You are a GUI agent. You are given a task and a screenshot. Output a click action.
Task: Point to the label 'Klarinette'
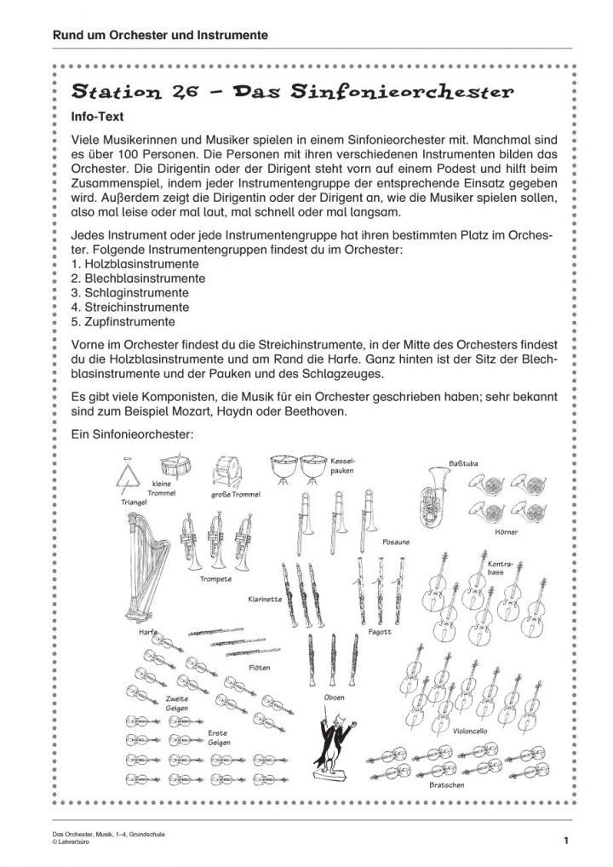click(x=265, y=599)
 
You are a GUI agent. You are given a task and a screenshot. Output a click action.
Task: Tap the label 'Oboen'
click(x=335, y=698)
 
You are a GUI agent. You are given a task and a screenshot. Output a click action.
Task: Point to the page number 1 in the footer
click(x=565, y=842)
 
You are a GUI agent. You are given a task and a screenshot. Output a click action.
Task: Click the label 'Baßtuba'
click(x=462, y=463)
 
